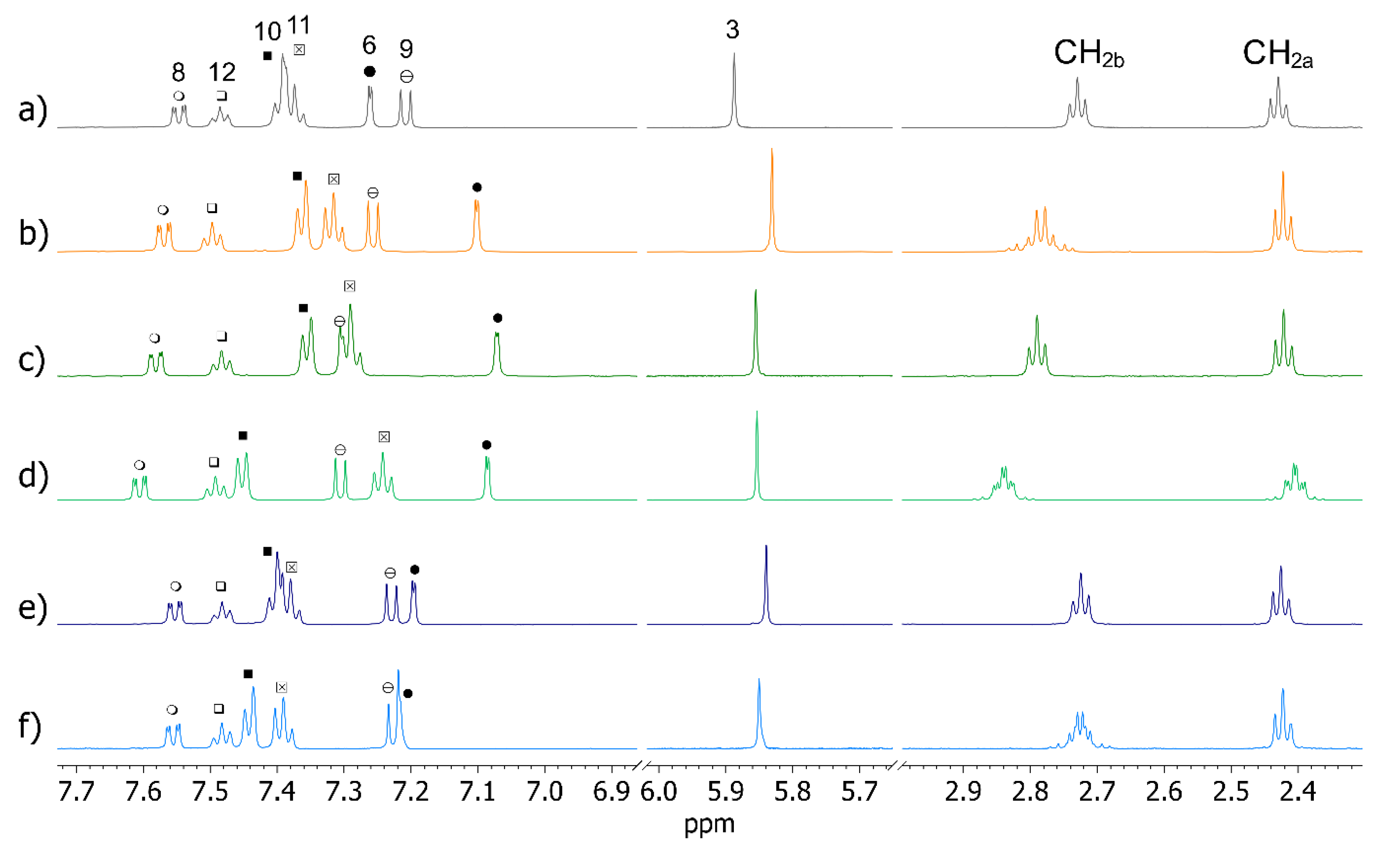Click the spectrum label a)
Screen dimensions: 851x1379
tap(33, 110)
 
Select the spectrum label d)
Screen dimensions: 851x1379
tap(33, 475)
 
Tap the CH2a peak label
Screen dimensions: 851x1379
tap(1277, 54)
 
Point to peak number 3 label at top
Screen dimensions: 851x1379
tap(732, 29)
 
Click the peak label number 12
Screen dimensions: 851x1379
tap(222, 73)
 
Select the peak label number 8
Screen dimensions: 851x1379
tap(179, 73)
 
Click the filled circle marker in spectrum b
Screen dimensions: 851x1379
tap(477, 188)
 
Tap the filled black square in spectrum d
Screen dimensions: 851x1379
tap(243, 436)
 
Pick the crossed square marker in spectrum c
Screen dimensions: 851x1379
tap(350, 287)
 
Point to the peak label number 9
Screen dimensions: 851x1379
tap(406, 49)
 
